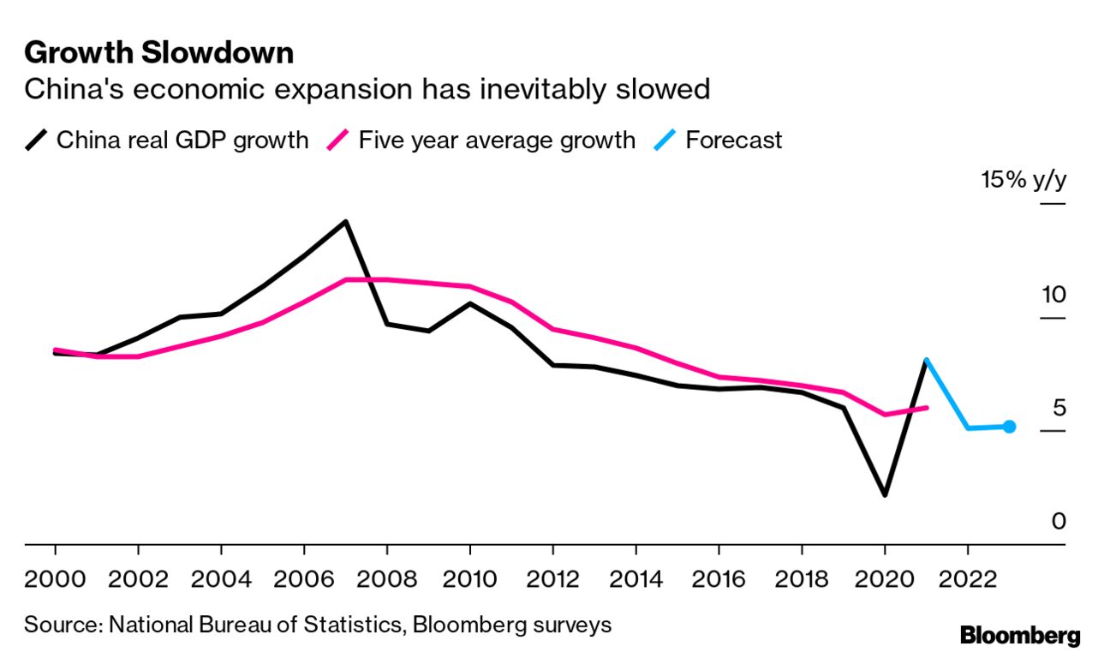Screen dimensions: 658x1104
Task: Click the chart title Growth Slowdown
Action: pyautogui.click(x=158, y=53)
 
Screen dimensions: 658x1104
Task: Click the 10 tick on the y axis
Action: pyautogui.click(x=1053, y=296)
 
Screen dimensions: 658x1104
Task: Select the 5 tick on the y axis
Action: pyautogui.click(x=1059, y=408)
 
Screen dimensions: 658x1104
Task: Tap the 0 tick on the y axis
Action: pyautogui.click(x=1059, y=520)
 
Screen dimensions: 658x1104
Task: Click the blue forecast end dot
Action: pyautogui.click(x=1009, y=427)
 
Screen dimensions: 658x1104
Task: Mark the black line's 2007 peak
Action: pyautogui.click(x=345, y=222)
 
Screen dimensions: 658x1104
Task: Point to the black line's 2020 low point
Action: pyautogui.click(x=885, y=495)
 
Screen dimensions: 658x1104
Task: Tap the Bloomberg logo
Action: pyautogui.click(x=1019, y=636)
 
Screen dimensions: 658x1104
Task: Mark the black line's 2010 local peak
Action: pyautogui.click(x=469, y=303)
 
